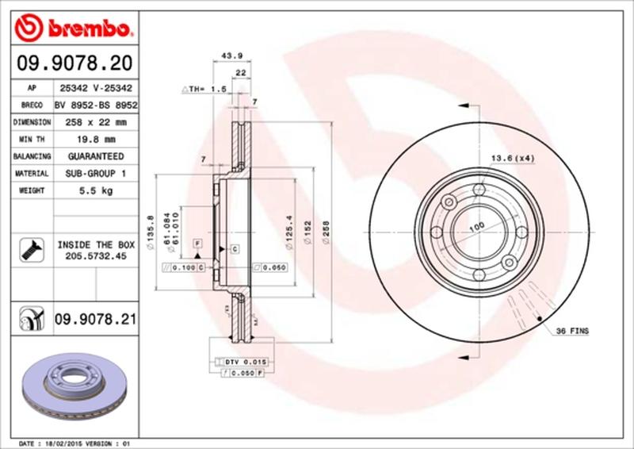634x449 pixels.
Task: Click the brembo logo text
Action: point(86,29)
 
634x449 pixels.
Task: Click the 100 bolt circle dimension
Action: point(475,228)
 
